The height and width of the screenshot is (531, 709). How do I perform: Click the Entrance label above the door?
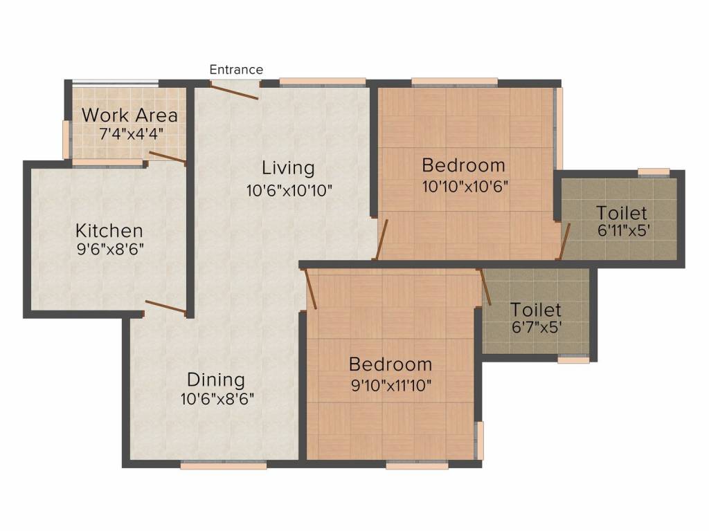click(236, 70)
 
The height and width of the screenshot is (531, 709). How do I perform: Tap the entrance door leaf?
click(234, 91)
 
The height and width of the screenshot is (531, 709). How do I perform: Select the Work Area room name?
click(129, 115)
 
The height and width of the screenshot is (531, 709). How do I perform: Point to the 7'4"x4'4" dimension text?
click(131, 133)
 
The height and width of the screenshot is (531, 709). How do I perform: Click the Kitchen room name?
click(109, 231)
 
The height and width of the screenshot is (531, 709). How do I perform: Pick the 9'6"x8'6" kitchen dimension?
click(110, 249)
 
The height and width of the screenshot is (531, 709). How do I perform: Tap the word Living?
click(288, 168)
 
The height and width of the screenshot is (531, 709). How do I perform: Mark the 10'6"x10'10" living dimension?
click(289, 190)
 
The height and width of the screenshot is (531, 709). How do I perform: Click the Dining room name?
click(216, 380)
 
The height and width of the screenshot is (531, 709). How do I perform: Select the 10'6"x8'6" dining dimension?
click(217, 399)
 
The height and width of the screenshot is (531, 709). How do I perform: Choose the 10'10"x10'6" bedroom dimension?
click(465, 186)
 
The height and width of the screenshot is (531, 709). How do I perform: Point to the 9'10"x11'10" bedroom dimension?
click(391, 386)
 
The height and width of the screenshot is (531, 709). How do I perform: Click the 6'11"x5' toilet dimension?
click(624, 231)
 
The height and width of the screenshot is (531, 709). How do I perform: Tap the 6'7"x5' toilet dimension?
click(537, 327)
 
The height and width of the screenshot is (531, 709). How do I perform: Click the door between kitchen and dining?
click(165, 306)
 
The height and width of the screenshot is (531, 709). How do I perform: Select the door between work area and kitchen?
click(168, 157)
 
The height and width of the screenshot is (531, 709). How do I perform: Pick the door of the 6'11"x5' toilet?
click(564, 241)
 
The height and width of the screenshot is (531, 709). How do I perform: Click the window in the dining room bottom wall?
click(224, 465)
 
